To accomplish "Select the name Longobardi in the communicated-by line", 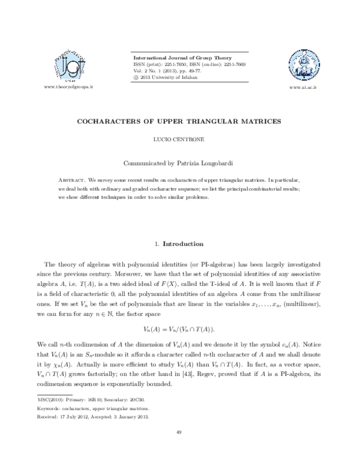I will pyautogui.click(x=216, y=162).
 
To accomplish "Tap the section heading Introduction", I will pyautogui.click(x=184, y=244).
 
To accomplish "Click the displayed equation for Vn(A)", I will pyautogui.click(x=179, y=330).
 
